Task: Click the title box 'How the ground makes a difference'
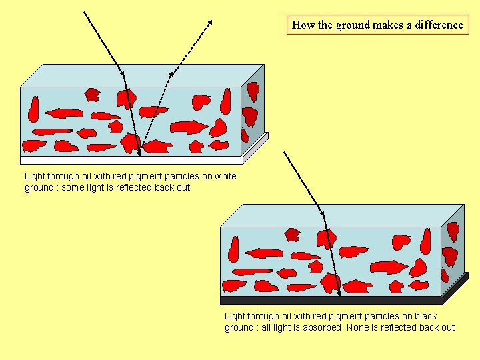click(x=377, y=25)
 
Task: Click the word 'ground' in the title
click(x=353, y=25)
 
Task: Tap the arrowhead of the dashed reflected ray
click(x=210, y=22)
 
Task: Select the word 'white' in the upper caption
click(x=224, y=176)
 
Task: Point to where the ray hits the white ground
click(x=139, y=155)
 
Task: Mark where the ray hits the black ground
click(x=339, y=294)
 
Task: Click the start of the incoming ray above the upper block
click(x=85, y=12)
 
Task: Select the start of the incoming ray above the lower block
click(x=285, y=152)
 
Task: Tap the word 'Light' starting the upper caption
click(x=35, y=176)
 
